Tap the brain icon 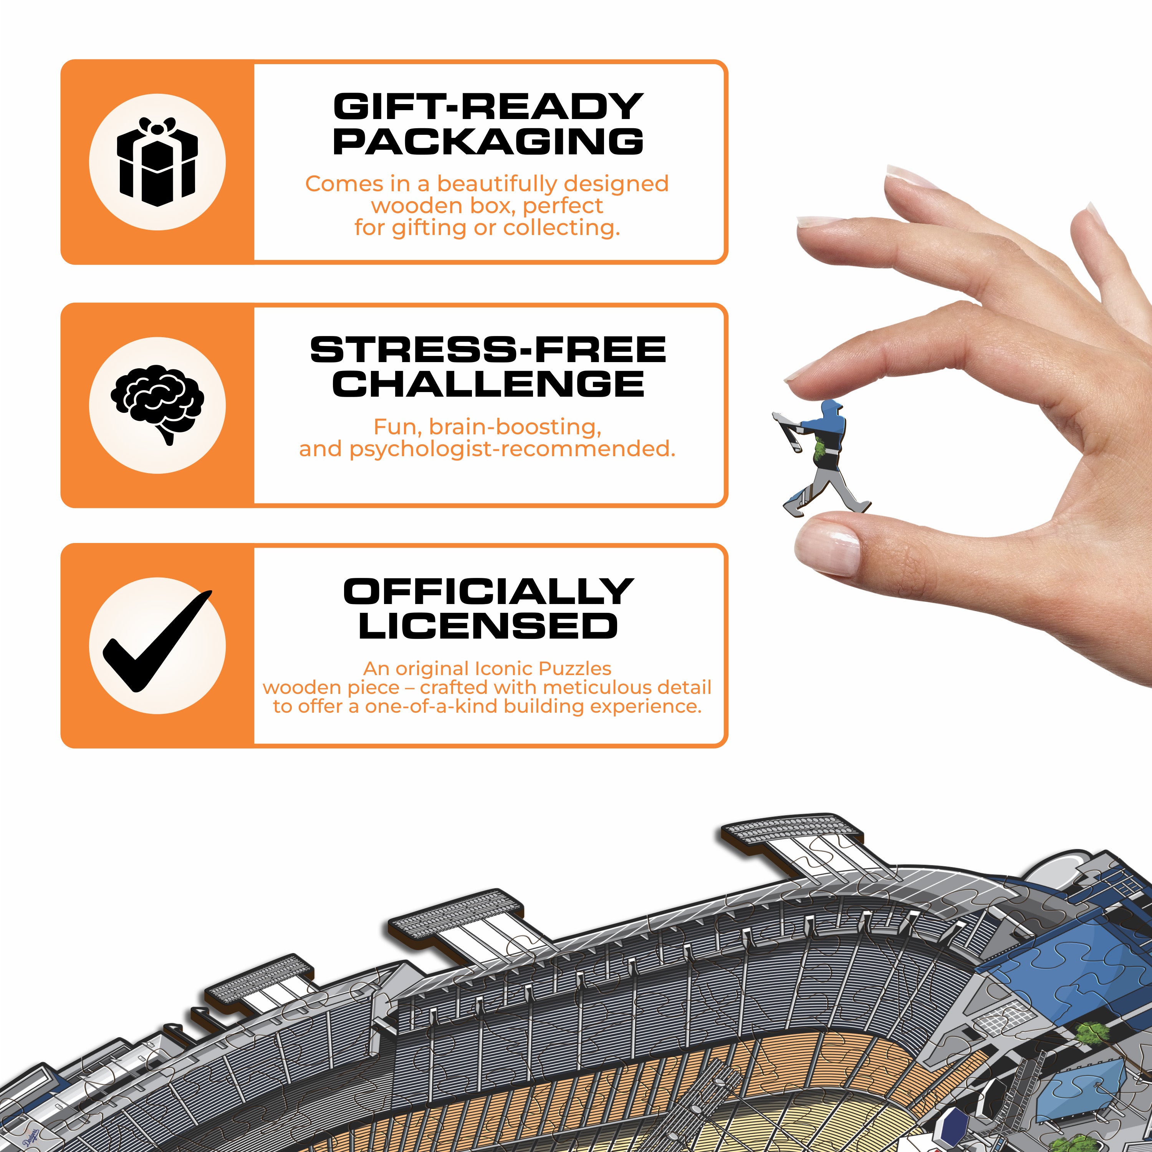[157, 402]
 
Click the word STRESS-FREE [488, 349]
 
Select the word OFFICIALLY [488, 591]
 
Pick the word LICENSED [488, 626]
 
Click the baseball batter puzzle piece [826, 459]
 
